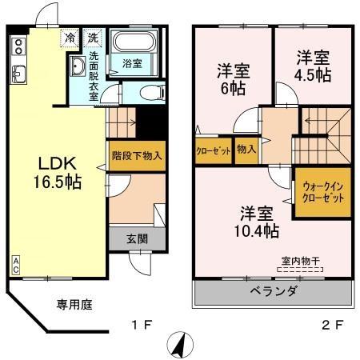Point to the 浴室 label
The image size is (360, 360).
133,62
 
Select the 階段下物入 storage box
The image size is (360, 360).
136,156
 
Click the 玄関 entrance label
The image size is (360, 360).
136,238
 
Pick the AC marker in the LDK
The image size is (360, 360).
16,266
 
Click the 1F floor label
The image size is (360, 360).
141,326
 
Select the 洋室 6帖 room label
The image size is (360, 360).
234,79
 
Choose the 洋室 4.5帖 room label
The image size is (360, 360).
313,66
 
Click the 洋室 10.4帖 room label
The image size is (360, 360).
258,222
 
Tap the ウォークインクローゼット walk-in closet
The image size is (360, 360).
323,192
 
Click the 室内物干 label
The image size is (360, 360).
298,259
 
